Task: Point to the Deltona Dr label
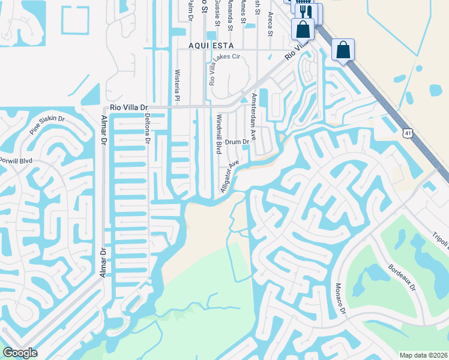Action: tap(147, 128)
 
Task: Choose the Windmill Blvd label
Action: tap(219, 133)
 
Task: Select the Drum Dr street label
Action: tap(238, 142)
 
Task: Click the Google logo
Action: tap(20, 353)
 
